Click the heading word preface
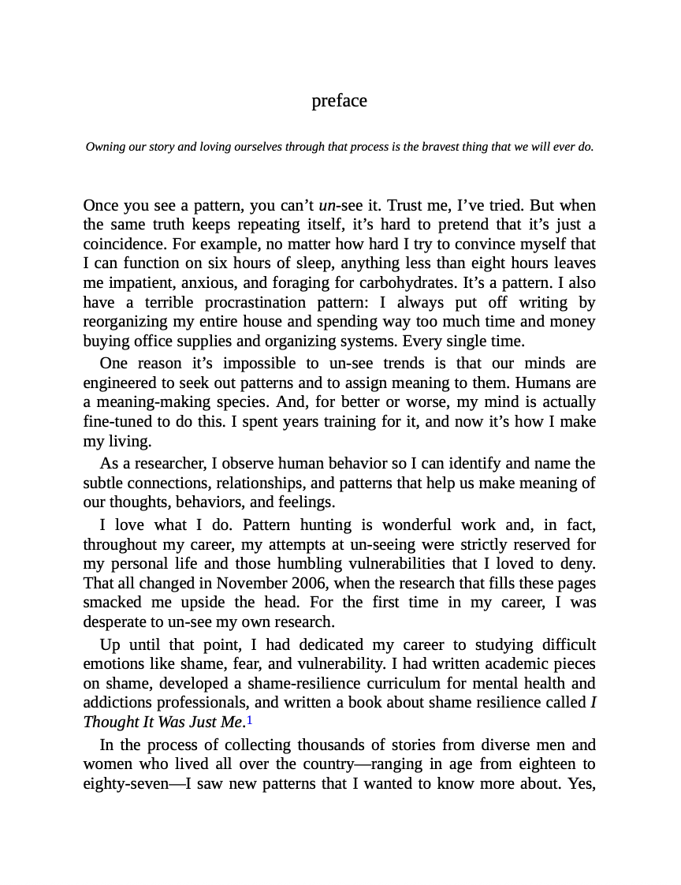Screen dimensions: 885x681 [x=339, y=101]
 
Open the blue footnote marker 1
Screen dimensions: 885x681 [x=250, y=720]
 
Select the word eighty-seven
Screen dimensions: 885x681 [x=122, y=784]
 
